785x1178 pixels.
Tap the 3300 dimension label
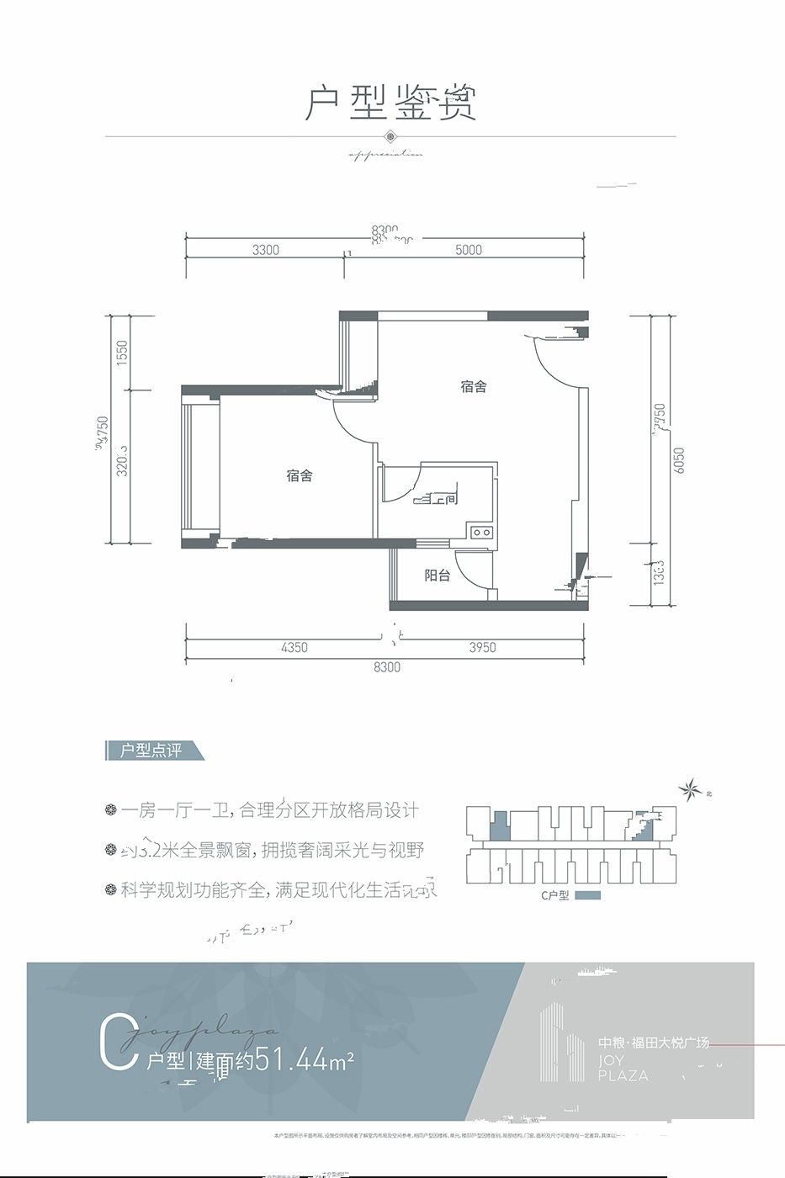click(265, 250)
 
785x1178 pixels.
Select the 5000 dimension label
click(468, 250)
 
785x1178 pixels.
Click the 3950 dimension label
click(482, 648)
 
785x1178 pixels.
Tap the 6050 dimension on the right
click(679, 459)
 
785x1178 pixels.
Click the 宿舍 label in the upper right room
click(474, 387)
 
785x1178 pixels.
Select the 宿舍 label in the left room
click(299, 476)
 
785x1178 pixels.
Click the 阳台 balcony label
click(437, 576)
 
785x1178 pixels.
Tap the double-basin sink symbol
click(482, 533)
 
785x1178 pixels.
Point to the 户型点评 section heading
click(151, 751)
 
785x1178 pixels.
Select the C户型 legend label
click(554, 895)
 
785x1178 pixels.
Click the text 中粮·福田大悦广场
click(654, 1043)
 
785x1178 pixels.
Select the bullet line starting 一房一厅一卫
click(269, 811)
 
